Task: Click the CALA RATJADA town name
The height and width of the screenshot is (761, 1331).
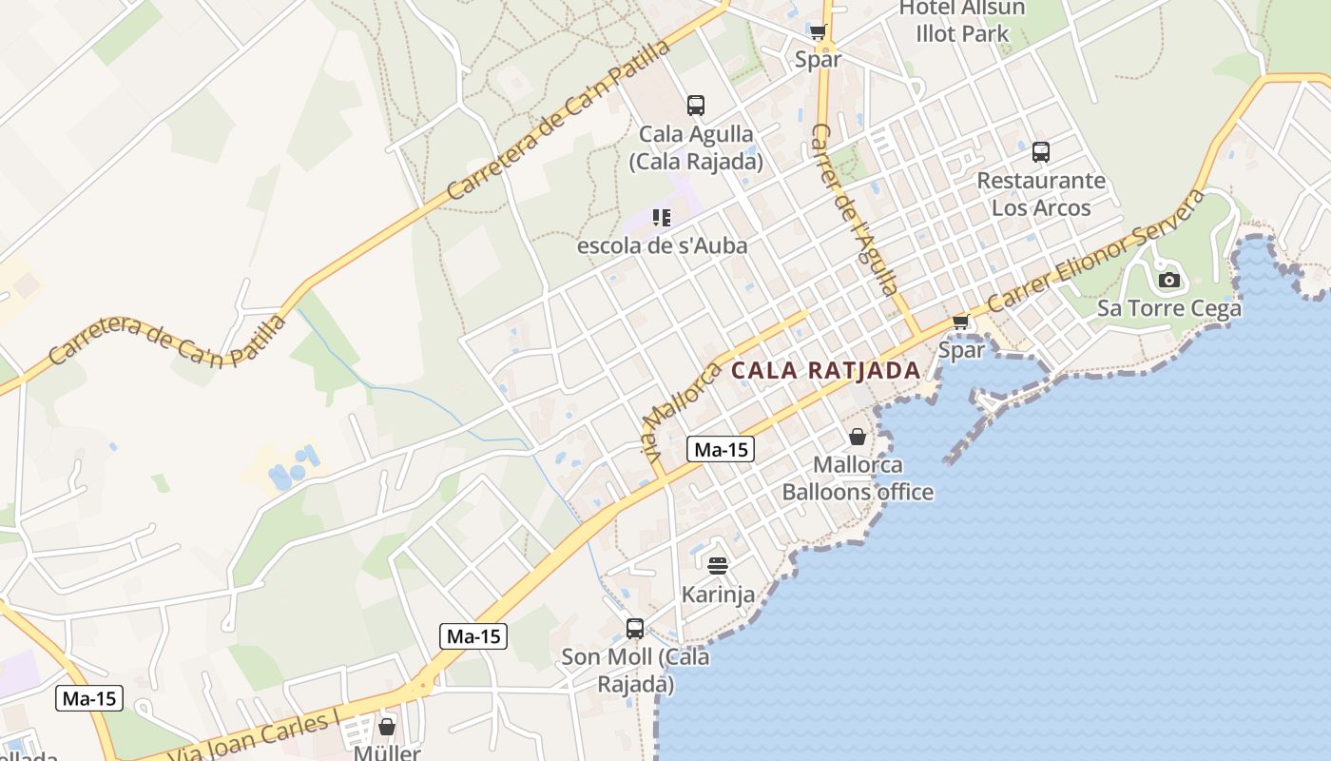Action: coord(825,370)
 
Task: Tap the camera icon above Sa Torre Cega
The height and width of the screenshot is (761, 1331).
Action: coord(1169,280)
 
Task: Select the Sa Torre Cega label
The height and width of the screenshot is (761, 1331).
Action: coord(1169,308)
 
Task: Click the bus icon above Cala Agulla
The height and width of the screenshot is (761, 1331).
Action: coord(696,106)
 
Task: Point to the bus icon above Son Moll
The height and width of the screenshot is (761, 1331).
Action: coord(635,628)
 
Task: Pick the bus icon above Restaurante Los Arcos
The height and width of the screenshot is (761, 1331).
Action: coord(1041,151)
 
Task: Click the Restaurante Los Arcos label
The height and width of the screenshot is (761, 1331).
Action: coord(1041,194)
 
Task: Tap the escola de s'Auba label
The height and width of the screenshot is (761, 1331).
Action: coord(663,245)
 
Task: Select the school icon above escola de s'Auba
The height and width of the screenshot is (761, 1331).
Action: coord(662,218)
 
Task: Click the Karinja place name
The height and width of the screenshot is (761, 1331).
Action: coord(718,595)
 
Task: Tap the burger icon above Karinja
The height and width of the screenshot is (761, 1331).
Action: coord(718,566)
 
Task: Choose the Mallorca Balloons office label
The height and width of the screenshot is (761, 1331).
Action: coord(858,478)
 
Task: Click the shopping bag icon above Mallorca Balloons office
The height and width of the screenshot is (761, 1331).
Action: coord(858,437)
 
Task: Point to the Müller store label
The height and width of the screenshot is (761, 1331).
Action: coord(387,752)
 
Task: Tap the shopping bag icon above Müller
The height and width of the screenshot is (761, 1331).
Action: coord(387,727)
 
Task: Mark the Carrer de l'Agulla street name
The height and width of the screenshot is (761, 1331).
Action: coord(856,209)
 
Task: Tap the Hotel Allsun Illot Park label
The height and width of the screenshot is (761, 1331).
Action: coord(962,21)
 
